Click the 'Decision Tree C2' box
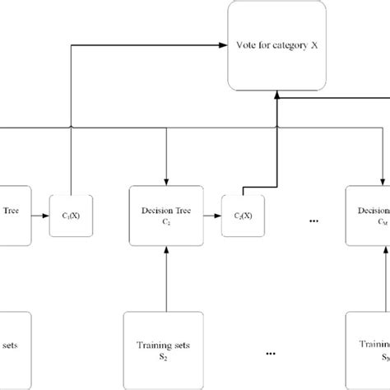(x=167, y=215)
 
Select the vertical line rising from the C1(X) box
(x=72, y=123)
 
